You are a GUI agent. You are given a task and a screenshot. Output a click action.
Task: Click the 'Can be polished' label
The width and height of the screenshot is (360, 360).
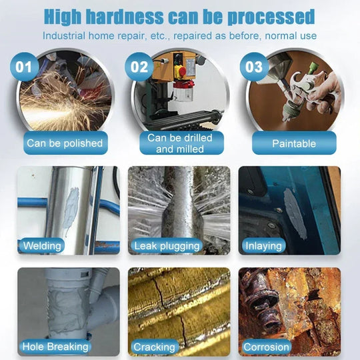click(x=65, y=143)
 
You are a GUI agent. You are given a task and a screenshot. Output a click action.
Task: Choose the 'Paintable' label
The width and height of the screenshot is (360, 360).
click(x=294, y=143)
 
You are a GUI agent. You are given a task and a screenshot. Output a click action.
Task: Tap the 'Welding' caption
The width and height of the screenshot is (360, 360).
click(x=42, y=246)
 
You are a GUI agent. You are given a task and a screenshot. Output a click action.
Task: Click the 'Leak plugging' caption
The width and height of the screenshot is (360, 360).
click(x=167, y=246)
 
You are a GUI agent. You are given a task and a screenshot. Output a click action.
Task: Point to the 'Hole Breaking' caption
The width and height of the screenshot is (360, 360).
click(x=55, y=347)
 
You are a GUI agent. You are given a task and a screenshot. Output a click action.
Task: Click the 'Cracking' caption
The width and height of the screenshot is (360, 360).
click(x=154, y=347)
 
